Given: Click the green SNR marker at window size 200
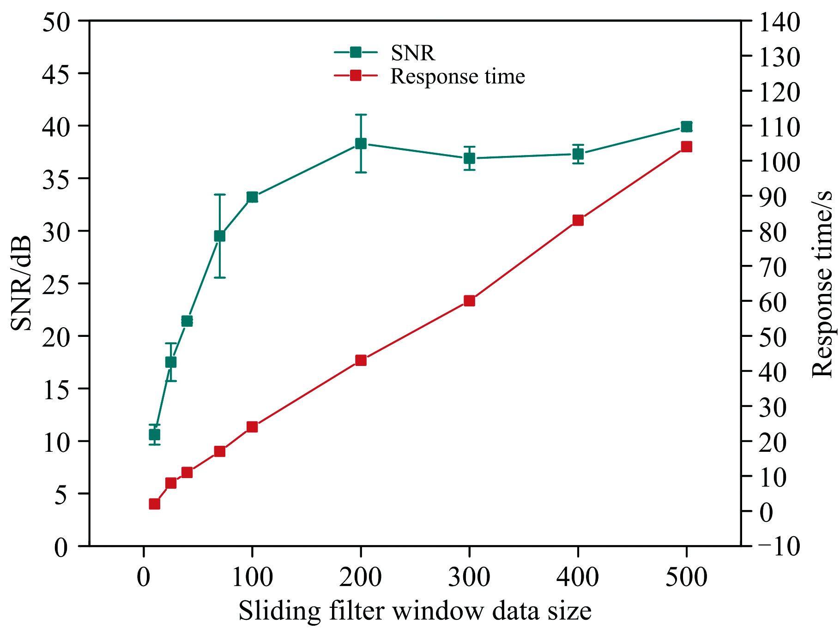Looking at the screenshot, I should (x=361, y=144).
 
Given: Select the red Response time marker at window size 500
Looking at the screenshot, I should (x=686, y=147).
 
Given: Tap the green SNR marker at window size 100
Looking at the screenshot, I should (x=252, y=197).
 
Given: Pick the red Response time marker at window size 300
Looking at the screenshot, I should (x=469, y=301).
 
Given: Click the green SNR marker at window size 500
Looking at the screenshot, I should (x=686, y=126).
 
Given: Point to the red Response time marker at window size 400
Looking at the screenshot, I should (x=578, y=220).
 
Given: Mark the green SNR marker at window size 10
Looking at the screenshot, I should (x=155, y=435).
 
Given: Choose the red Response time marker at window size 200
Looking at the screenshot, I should (x=361, y=360).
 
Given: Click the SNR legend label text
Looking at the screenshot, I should (x=412, y=53).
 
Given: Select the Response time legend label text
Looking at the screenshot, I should (x=457, y=76).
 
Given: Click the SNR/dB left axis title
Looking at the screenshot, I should (x=21, y=283).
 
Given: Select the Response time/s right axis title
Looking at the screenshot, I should (x=822, y=283).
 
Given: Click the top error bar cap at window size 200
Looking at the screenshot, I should (x=361, y=114).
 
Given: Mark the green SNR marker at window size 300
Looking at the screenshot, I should (x=469, y=158).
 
